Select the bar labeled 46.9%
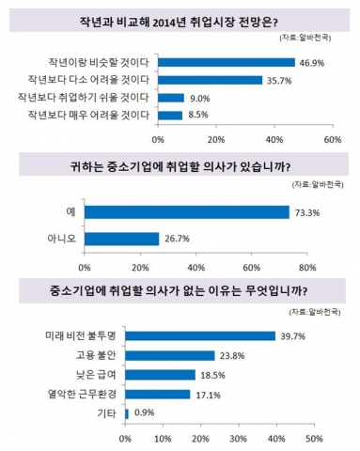click(x=227, y=62)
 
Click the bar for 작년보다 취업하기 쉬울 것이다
click(x=170, y=98)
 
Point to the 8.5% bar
click(x=169, y=116)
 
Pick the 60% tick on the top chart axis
click(x=332, y=139)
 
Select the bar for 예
click(x=187, y=213)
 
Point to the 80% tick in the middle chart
click(x=332, y=266)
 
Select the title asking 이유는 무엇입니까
click(x=180, y=290)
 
